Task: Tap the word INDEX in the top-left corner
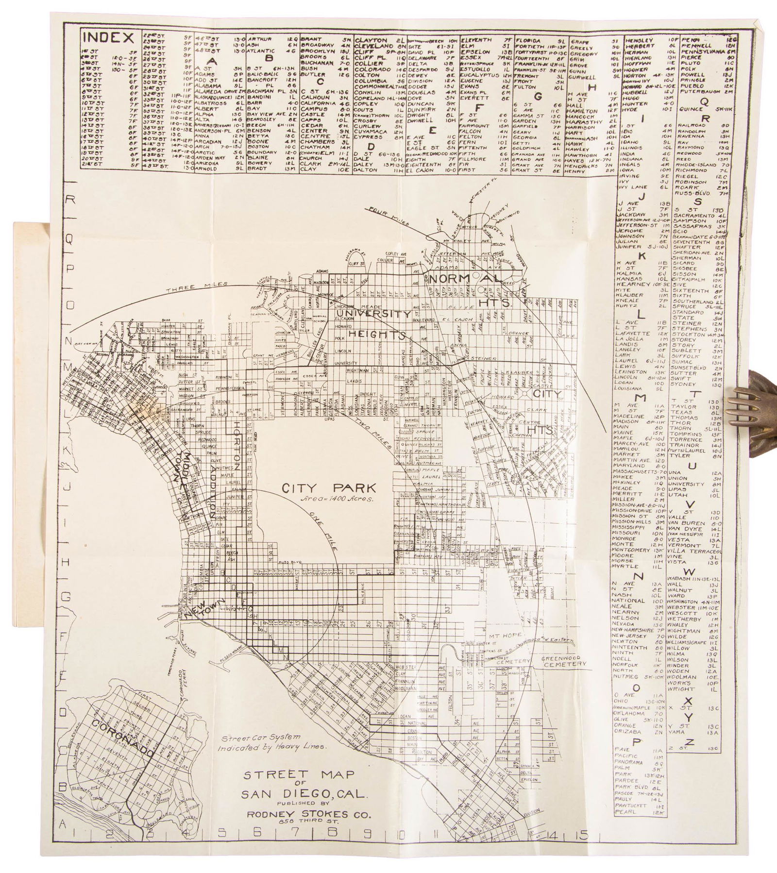click(x=108, y=37)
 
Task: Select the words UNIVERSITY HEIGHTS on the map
click(x=372, y=324)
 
